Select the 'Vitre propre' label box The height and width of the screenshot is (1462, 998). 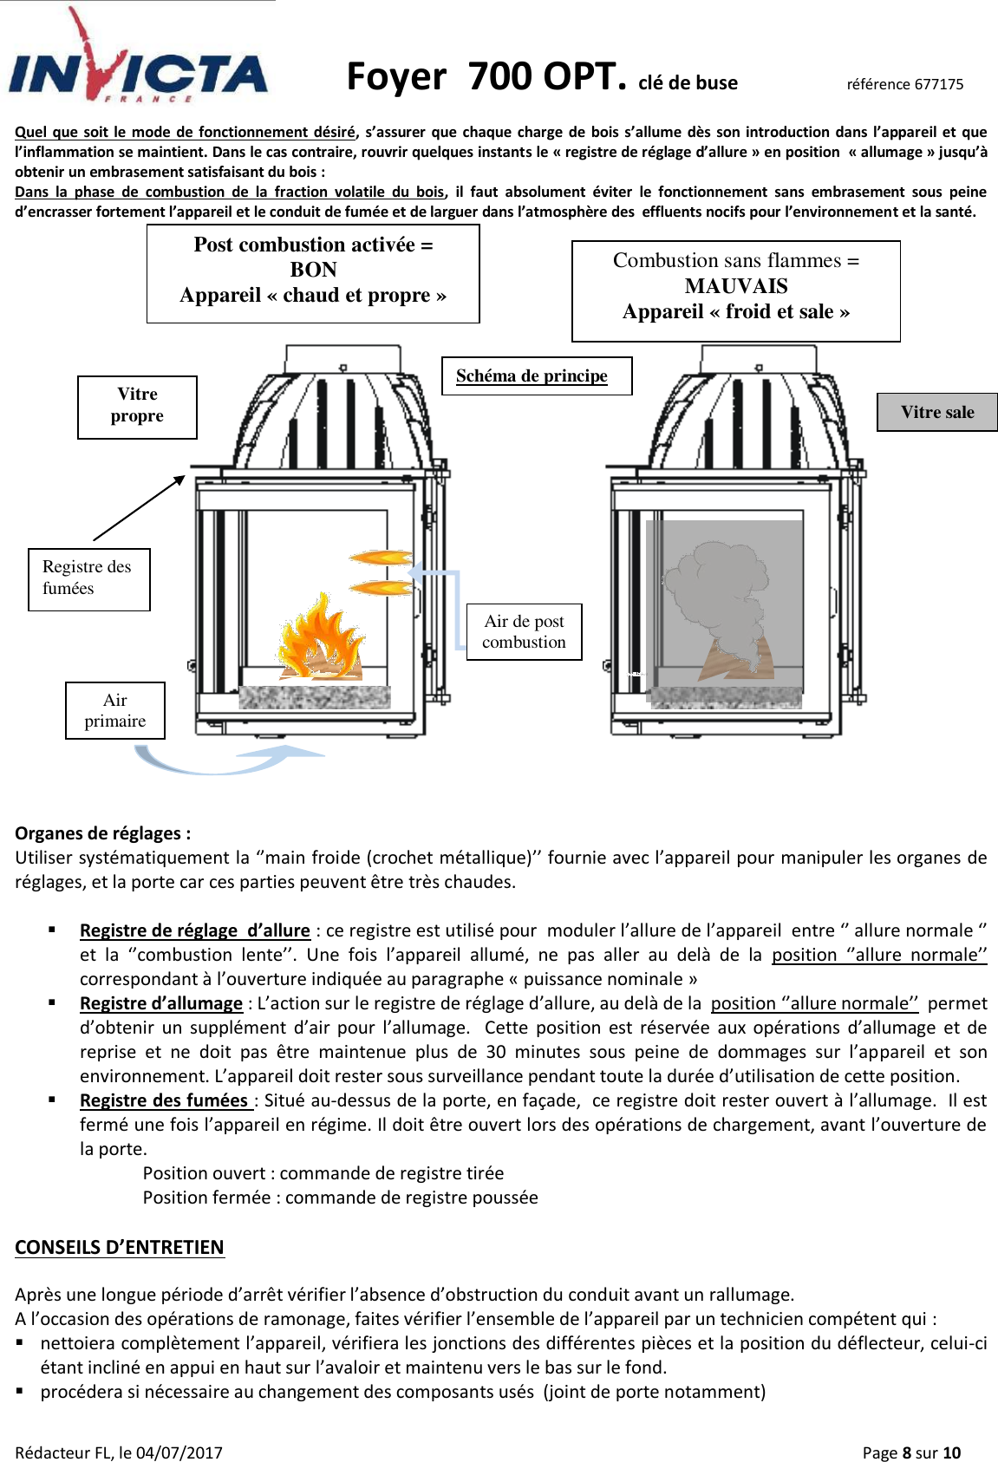[137, 406]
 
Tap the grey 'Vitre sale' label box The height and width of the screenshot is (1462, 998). [936, 412]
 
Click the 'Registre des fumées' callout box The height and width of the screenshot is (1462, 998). [88, 578]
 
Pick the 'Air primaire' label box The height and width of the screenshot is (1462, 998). [114, 710]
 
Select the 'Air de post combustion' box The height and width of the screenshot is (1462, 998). [524, 631]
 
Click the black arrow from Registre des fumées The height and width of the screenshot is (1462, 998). [139, 508]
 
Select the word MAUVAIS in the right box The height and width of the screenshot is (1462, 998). [735, 286]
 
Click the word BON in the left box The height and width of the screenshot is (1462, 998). [313, 270]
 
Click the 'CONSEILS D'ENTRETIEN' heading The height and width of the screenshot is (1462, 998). [120, 1247]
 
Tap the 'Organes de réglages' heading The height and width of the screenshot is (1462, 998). [102, 833]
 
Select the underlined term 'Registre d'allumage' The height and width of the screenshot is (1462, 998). [161, 1003]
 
